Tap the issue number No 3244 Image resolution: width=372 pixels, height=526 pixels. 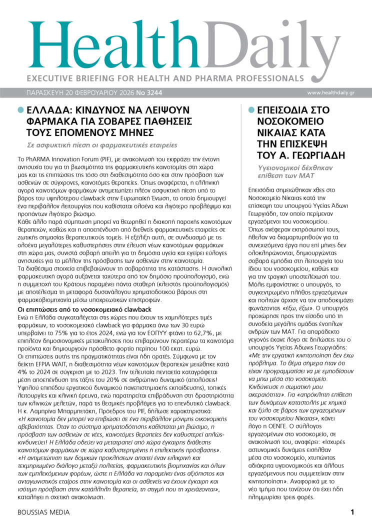(149, 93)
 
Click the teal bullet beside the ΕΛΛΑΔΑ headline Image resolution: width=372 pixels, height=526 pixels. (20, 110)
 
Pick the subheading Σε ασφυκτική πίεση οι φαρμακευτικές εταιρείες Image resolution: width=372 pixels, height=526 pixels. (102, 145)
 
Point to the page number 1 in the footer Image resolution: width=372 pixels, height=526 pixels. (352, 512)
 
